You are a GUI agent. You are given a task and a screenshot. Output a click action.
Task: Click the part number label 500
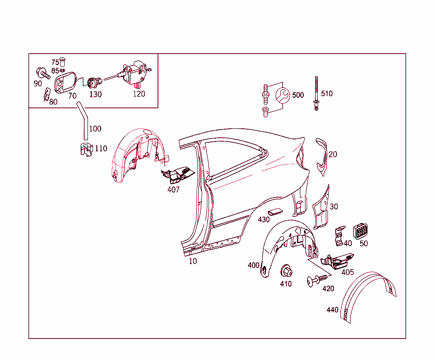click(x=298, y=95)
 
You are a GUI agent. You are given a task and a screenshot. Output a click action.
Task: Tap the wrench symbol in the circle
click(x=282, y=96)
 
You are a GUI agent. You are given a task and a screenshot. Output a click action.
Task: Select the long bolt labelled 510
click(x=316, y=93)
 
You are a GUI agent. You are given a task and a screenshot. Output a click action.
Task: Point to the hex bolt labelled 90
click(x=43, y=73)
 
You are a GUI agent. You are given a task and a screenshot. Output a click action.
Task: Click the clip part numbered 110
click(x=87, y=150)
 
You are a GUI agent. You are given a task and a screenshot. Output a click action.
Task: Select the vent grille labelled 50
click(x=360, y=231)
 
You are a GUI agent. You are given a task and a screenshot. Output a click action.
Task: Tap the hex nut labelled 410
click(x=286, y=271)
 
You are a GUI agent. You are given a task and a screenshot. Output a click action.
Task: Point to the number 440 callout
click(x=332, y=310)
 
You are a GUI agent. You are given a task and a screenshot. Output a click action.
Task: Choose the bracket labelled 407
click(x=178, y=175)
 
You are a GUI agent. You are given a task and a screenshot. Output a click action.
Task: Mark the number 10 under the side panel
click(x=193, y=261)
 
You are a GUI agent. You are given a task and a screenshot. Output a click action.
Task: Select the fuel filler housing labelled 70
click(x=65, y=82)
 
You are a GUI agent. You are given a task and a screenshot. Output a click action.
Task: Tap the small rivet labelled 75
click(x=62, y=62)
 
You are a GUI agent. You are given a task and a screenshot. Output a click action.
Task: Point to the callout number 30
click(x=334, y=207)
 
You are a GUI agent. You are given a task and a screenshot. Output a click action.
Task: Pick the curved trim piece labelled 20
click(x=322, y=157)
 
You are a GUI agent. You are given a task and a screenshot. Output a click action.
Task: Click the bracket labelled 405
click(x=337, y=261)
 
